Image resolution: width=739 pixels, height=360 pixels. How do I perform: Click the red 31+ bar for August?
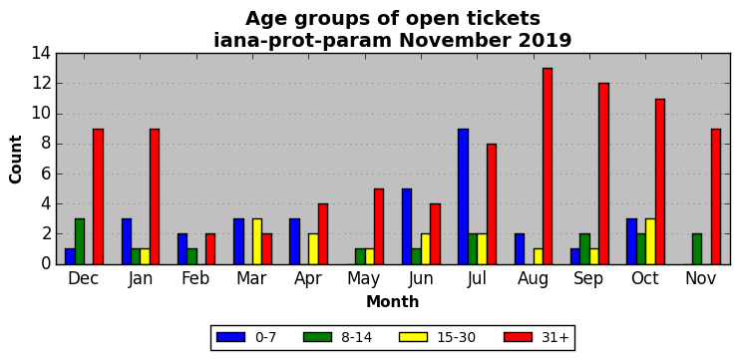pos(548,167)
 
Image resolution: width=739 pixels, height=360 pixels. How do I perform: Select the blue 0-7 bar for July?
pos(464,196)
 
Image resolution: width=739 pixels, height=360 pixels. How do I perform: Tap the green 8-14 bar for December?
pos(80,241)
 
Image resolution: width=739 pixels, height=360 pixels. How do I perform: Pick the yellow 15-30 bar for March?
pos(257,241)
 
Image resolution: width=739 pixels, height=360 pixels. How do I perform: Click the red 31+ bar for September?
pos(603,174)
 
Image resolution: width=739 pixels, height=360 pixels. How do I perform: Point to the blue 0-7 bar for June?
pos(407,226)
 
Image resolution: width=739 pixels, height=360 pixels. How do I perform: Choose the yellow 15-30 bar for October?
pos(650,241)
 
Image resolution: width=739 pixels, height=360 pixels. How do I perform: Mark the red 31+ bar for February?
pos(210,249)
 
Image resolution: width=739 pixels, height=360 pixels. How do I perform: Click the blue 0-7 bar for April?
pos(295,241)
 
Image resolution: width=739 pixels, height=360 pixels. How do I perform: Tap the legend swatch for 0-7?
pos(230,337)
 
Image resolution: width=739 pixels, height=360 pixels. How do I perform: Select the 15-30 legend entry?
pos(437,337)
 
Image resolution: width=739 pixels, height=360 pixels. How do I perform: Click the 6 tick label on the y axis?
pos(46,175)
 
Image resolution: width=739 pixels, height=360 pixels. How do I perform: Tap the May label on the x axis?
pos(363,279)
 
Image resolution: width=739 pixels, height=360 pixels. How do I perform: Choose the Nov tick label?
pos(701,278)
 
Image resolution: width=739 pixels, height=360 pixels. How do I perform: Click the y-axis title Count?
pos(16,160)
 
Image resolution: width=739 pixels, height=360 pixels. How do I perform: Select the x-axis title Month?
pos(393,301)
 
